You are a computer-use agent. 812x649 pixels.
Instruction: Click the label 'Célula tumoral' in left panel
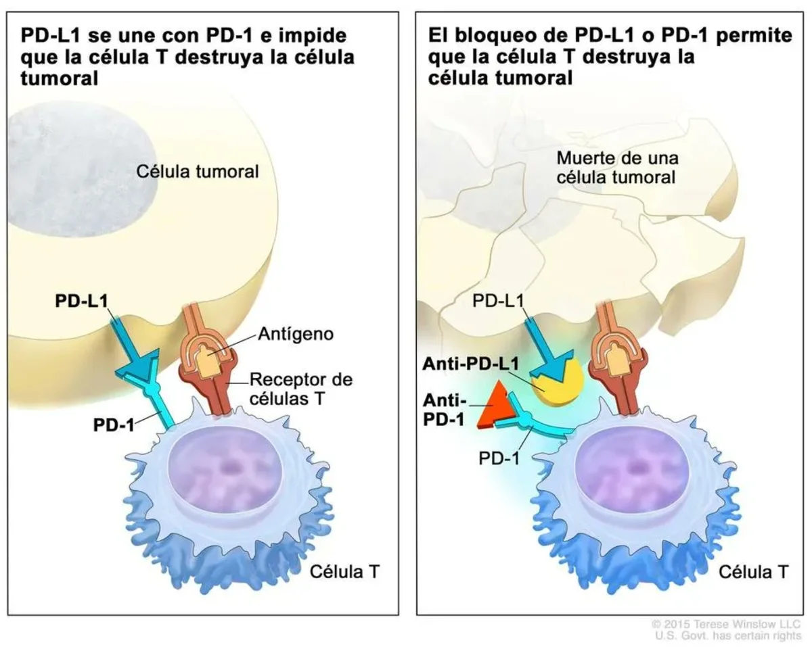(x=198, y=172)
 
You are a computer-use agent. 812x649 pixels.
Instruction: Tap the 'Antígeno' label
(x=296, y=334)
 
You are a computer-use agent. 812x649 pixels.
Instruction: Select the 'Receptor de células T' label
(x=301, y=389)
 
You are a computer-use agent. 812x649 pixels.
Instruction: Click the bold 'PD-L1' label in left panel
(x=81, y=301)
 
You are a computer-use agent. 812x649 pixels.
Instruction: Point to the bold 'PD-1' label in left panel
(x=114, y=425)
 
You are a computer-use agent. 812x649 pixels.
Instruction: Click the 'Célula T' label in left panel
(x=344, y=572)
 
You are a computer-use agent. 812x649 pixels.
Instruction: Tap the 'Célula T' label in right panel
(x=753, y=572)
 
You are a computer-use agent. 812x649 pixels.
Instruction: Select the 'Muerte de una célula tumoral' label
(x=617, y=168)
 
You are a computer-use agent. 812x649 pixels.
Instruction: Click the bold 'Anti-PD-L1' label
(x=471, y=364)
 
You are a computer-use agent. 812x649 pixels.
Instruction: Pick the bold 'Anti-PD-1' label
(x=445, y=410)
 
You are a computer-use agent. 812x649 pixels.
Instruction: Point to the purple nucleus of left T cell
(x=225, y=475)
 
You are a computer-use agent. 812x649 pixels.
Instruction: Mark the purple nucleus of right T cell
(x=633, y=475)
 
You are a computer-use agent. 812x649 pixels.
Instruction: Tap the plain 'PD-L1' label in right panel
(x=498, y=301)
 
